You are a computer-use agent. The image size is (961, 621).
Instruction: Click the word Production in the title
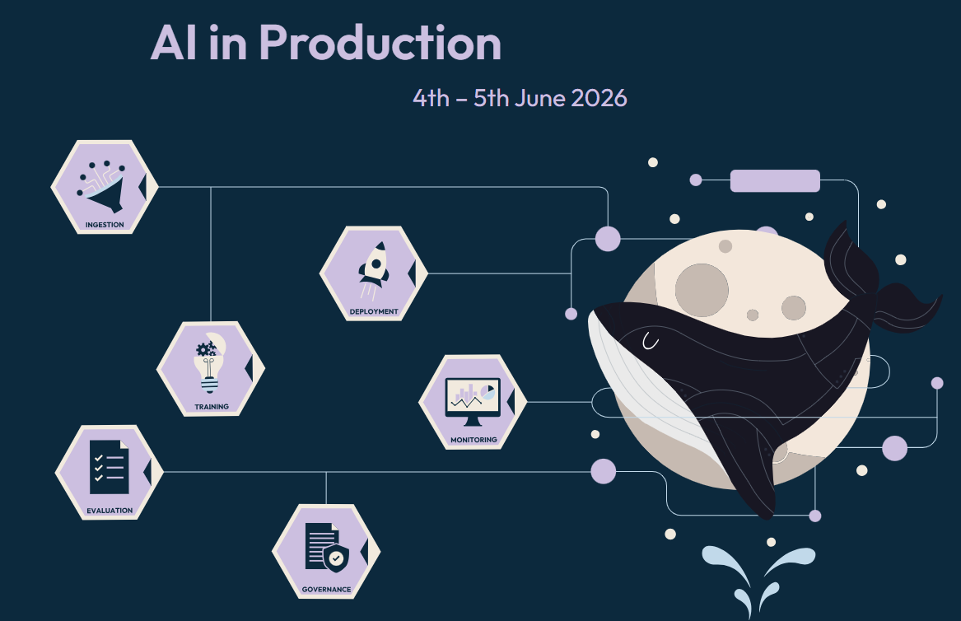(x=380, y=42)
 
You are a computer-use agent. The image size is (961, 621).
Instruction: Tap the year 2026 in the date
(x=599, y=98)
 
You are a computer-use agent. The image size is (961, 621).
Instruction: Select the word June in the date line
(x=540, y=98)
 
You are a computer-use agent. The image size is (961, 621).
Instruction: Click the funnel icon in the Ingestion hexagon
(x=102, y=186)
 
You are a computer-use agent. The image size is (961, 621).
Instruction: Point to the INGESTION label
(x=105, y=225)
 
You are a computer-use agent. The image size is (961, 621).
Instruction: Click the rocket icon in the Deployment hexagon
(x=374, y=270)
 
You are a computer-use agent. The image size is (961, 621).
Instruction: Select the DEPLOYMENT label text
(x=374, y=311)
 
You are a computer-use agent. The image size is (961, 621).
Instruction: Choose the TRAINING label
(x=212, y=406)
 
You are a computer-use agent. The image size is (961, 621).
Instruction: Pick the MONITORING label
(x=474, y=440)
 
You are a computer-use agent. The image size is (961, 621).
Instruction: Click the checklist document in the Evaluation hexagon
(x=109, y=467)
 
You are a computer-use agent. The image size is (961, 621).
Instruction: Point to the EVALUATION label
(x=110, y=510)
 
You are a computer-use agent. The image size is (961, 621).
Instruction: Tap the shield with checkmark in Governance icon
(x=336, y=558)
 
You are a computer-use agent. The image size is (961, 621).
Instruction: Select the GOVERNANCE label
(x=327, y=589)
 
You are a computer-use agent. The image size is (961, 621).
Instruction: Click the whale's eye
(x=651, y=342)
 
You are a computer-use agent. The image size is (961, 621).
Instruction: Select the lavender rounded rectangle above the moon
(x=775, y=181)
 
